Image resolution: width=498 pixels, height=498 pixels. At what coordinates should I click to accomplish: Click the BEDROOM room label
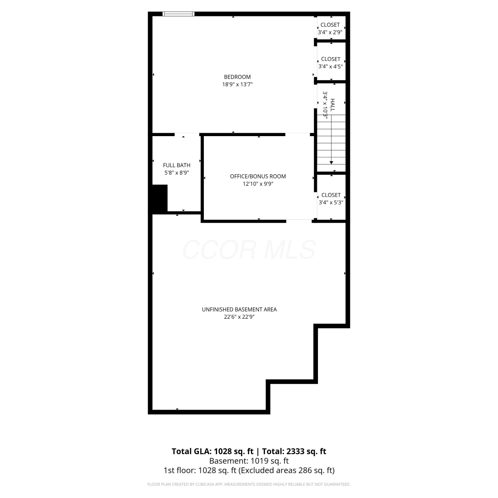[237, 77]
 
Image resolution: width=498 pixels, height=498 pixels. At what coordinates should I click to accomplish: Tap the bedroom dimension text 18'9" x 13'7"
[237, 84]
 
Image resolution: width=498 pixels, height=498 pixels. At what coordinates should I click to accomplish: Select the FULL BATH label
[177, 165]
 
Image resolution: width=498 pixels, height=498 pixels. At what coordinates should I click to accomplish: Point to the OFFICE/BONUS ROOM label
[258, 176]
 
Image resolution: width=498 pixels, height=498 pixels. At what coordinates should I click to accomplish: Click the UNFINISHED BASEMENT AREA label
[239, 309]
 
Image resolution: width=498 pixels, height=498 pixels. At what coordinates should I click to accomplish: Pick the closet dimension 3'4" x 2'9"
[330, 32]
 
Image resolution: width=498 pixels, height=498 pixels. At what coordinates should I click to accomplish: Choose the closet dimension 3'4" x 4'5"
[331, 66]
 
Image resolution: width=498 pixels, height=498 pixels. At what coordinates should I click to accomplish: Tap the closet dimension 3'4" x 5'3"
[331, 202]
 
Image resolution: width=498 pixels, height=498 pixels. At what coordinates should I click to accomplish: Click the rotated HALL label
[332, 105]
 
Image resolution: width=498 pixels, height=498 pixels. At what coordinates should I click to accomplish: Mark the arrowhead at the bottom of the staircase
[331, 162]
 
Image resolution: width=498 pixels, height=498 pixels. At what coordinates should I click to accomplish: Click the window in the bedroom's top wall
[179, 14]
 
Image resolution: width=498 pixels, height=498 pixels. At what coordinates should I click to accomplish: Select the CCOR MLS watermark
[249, 250]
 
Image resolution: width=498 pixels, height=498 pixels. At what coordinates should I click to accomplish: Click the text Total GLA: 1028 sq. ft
[212, 452]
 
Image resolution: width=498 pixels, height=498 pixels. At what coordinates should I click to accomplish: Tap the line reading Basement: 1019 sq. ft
[249, 461]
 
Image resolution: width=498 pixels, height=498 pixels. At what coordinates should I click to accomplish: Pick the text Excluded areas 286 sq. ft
[287, 470]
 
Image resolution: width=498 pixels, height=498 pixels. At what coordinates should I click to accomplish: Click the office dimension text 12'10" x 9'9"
[258, 184]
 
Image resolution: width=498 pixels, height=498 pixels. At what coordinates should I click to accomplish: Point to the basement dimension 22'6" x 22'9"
[239, 317]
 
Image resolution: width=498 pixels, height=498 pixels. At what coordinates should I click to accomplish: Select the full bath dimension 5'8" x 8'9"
[177, 173]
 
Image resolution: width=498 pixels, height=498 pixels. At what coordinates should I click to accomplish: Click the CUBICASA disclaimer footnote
[249, 484]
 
